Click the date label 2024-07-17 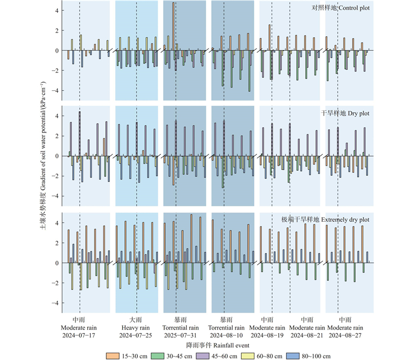click(79, 335)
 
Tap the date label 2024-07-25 click(136, 335)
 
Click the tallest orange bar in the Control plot click(173, 26)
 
